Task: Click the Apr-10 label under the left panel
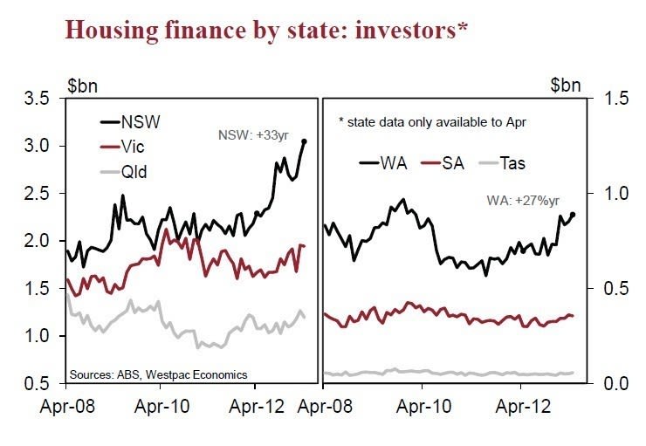(x=160, y=406)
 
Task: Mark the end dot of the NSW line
(x=304, y=141)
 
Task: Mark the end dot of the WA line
(x=573, y=215)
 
